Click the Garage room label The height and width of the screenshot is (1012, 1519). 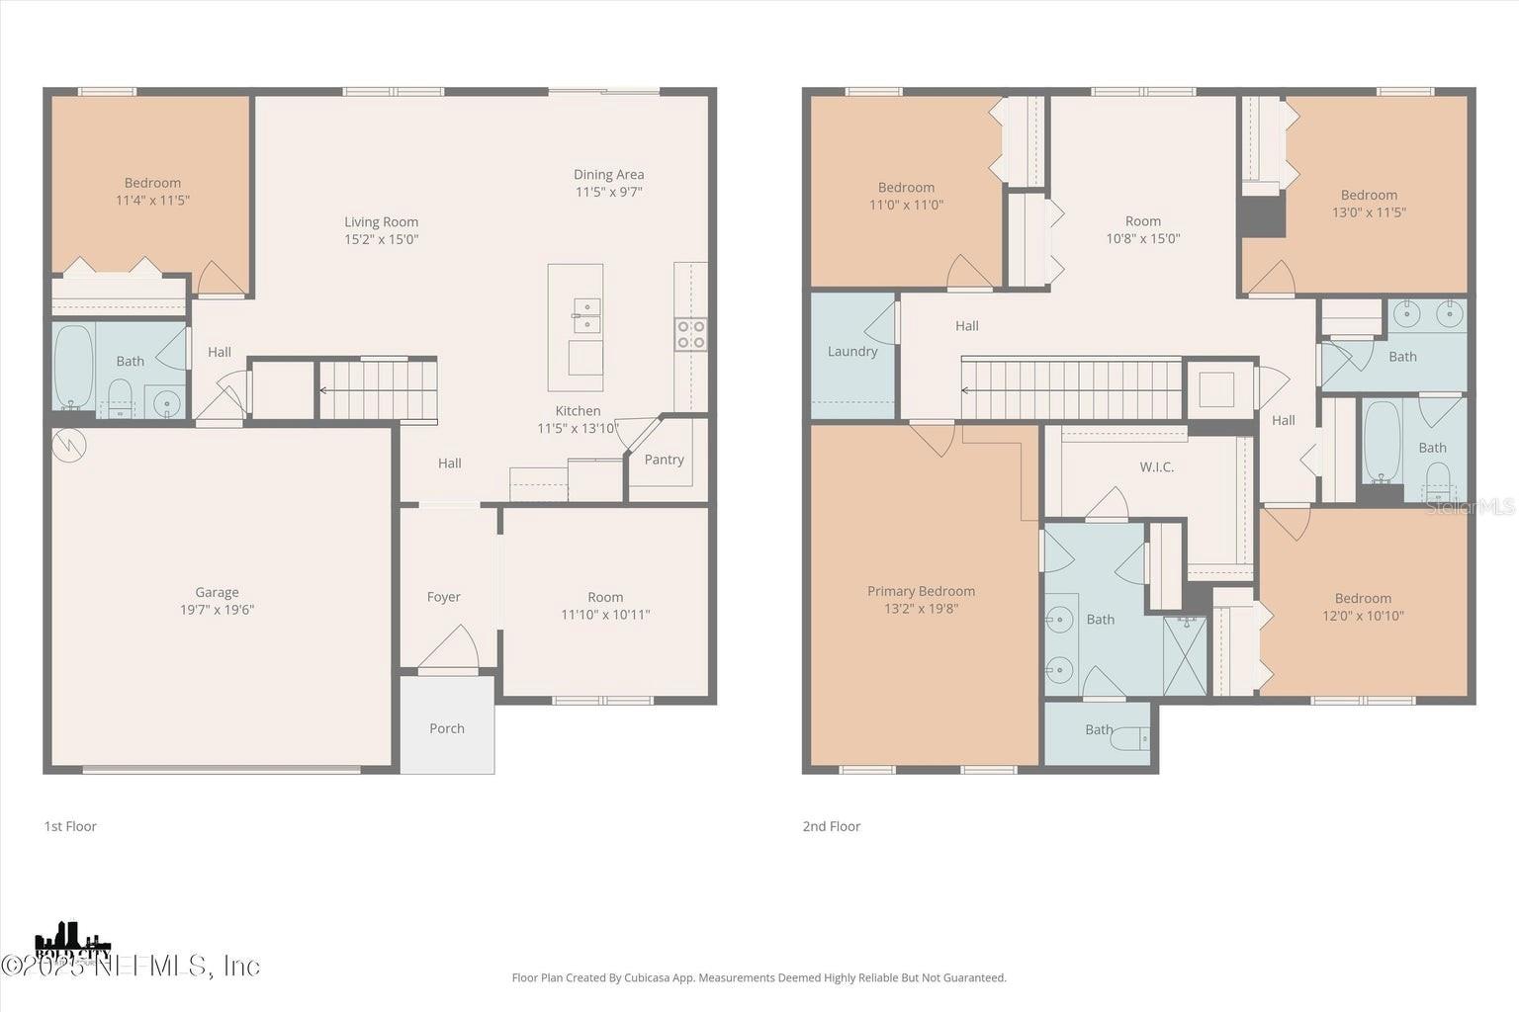217,592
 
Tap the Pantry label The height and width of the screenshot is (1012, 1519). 664,460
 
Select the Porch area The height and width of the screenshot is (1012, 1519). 447,727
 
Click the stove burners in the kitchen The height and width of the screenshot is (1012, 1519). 690,334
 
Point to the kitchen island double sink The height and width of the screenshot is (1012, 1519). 586,315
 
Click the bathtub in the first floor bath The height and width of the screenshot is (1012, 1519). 72,366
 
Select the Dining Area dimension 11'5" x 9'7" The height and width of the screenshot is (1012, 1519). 608,192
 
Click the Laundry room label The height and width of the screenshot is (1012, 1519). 851,351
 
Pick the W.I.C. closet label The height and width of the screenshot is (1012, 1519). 1156,466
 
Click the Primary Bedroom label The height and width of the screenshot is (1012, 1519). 921,591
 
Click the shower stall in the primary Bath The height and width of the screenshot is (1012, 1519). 1185,655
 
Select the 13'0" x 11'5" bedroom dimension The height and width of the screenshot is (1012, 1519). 1369,211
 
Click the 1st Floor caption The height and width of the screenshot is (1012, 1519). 70,826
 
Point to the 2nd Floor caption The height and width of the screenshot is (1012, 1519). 832,826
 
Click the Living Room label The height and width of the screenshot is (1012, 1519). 381,221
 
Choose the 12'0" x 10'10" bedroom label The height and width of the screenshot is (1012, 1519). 1363,615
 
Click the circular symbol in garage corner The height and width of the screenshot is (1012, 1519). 69,446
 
